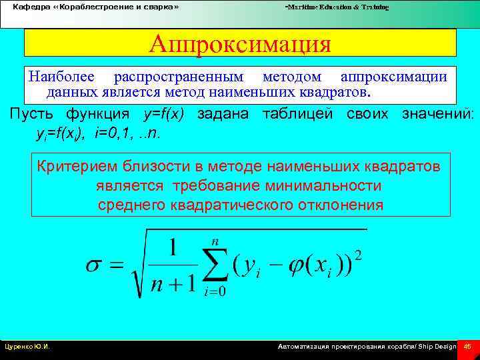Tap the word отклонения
point(337,205)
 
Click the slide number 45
point(467,347)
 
